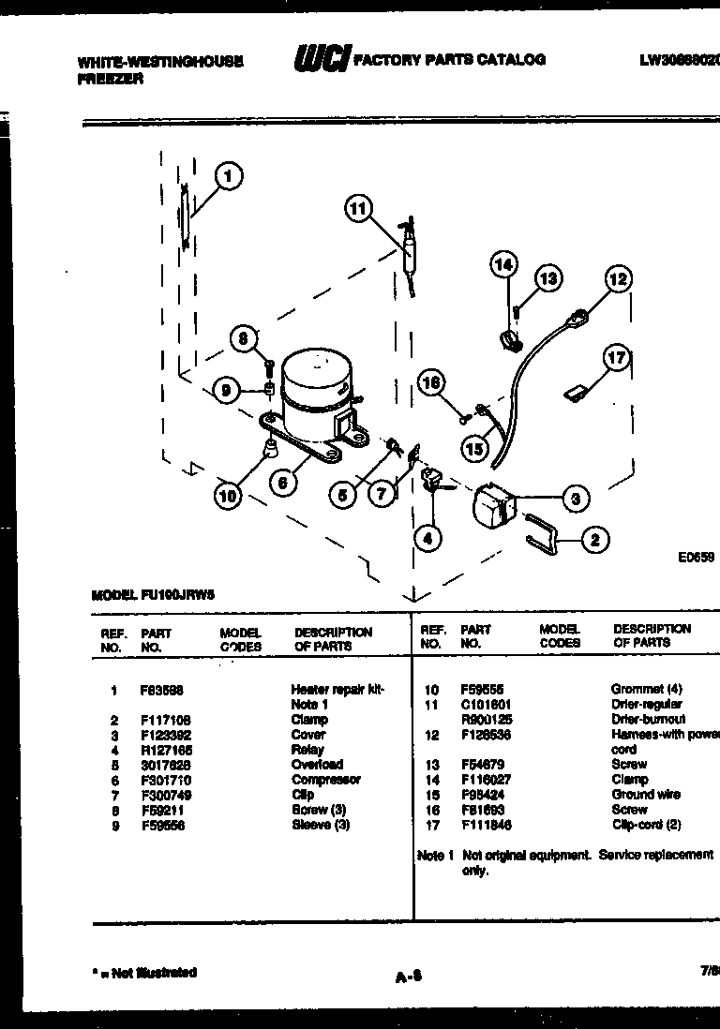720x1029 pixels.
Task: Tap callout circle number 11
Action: tap(357, 209)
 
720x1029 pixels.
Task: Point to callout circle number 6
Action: tap(282, 483)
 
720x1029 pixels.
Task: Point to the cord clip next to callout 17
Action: tap(574, 393)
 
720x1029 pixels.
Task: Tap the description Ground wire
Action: tap(645, 794)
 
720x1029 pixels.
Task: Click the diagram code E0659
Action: tap(697, 556)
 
